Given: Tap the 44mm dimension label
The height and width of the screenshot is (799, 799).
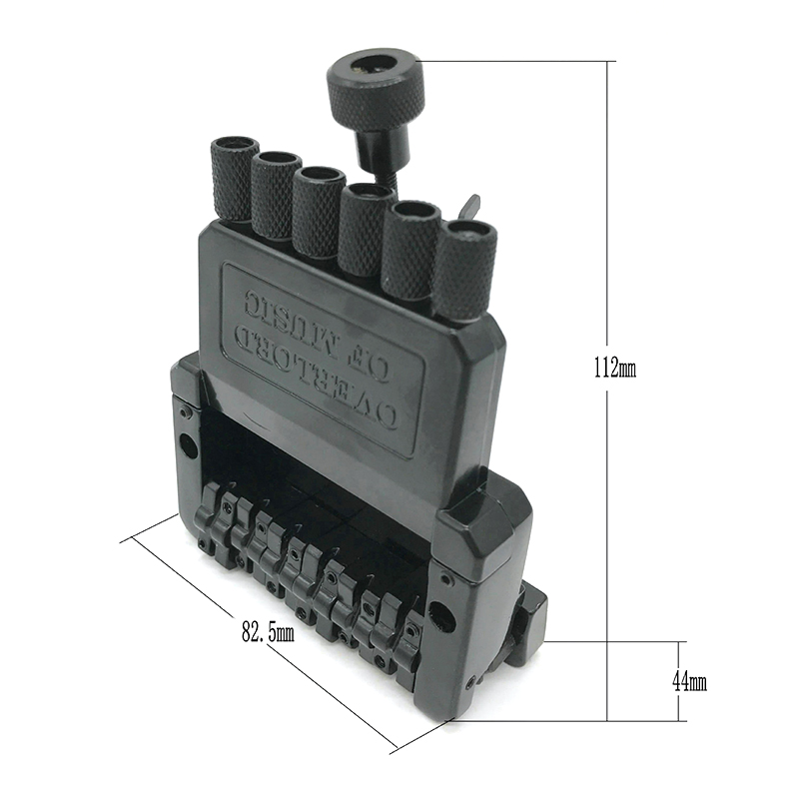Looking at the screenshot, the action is pos(689,681).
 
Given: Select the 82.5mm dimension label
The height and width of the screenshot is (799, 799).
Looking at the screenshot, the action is pos(268,632).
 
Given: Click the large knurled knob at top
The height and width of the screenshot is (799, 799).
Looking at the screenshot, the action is pos(377,92).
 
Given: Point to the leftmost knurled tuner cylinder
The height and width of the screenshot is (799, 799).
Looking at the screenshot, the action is pos(234,179).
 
